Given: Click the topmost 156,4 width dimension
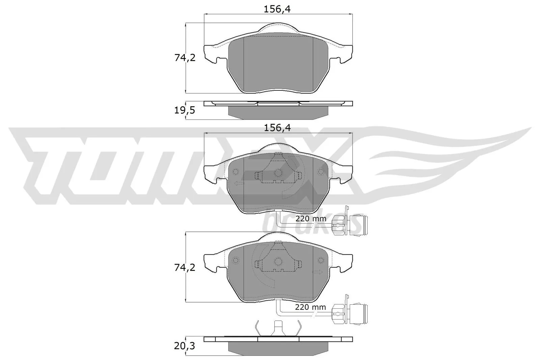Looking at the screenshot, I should pyautogui.click(x=277, y=9).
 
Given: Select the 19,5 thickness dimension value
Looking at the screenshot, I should pyautogui.click(x=185, y=111).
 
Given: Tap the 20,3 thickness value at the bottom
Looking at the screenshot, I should pyautogui.click(x=185, y=346).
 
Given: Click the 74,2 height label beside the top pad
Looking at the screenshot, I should pyautogui.click(x=185, y=58).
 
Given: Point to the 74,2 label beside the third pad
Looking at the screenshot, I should pyautogui.click(x=185, y=268).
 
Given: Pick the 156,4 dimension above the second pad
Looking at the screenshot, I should pyautogui.click(x=277, y=128).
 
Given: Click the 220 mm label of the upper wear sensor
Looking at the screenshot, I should pyautogui.click(x=310, y=219).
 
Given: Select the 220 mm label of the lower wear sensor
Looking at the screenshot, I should pyautogui.click(x=310, y=307).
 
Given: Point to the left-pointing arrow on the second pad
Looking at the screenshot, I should pyautogui.click(x=238, y=183).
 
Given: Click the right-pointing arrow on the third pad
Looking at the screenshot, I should pyautogui.click(x=317, y=272).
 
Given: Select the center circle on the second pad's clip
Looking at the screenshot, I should pyautogui.click(x=278, y=173).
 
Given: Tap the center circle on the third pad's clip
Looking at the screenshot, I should pyautogui.click(x=278, y=261).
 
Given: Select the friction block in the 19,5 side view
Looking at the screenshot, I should pyautogui.click(x=278, y=112).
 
